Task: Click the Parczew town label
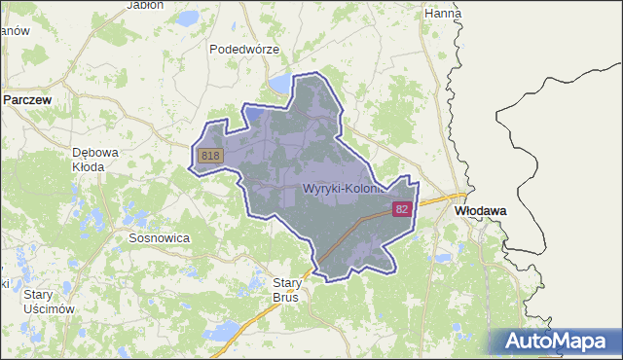[28, 99]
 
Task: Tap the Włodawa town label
[477, 209]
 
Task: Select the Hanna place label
[443, 14]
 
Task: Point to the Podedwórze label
[244, 49]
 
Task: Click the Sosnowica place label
[159, 237]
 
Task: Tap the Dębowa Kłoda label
[95, 159]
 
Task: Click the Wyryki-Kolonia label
[346, 188]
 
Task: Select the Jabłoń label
[145, 5]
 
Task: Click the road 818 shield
[210, 156]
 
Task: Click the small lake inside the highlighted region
[254, 114]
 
